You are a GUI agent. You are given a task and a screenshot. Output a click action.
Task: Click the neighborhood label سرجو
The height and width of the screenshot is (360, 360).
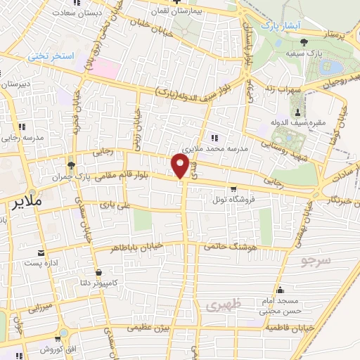tap(315, 262)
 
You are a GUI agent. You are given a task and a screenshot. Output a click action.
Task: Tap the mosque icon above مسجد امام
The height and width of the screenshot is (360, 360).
tap(280, 290)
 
